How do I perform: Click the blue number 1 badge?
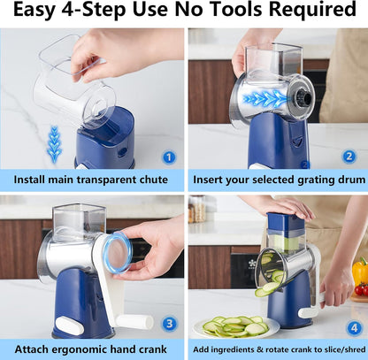tap(169, 157)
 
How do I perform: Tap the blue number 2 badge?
tap(349, 157)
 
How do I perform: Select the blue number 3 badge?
tap(169, 324)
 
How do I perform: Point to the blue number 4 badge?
tap(354, 328)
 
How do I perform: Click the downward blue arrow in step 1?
tap(55, 144)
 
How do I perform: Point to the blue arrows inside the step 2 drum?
tap(264, 99)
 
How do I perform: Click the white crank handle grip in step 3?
tap(134, 321)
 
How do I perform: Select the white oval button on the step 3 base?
tap(69, 326)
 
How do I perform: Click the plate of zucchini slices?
tap(236, 326)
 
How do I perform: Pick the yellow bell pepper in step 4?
tap(360, 272)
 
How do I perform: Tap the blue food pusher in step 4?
tap(286, 221)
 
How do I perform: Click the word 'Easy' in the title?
tap(34, 11)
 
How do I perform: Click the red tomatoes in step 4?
tap(362, 290)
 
